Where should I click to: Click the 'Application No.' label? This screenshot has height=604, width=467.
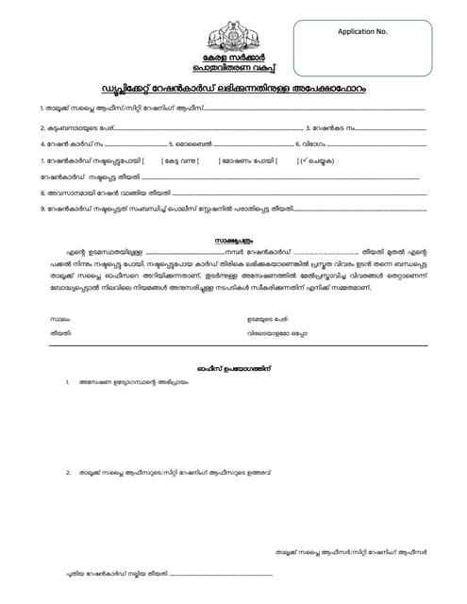[362, 32]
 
